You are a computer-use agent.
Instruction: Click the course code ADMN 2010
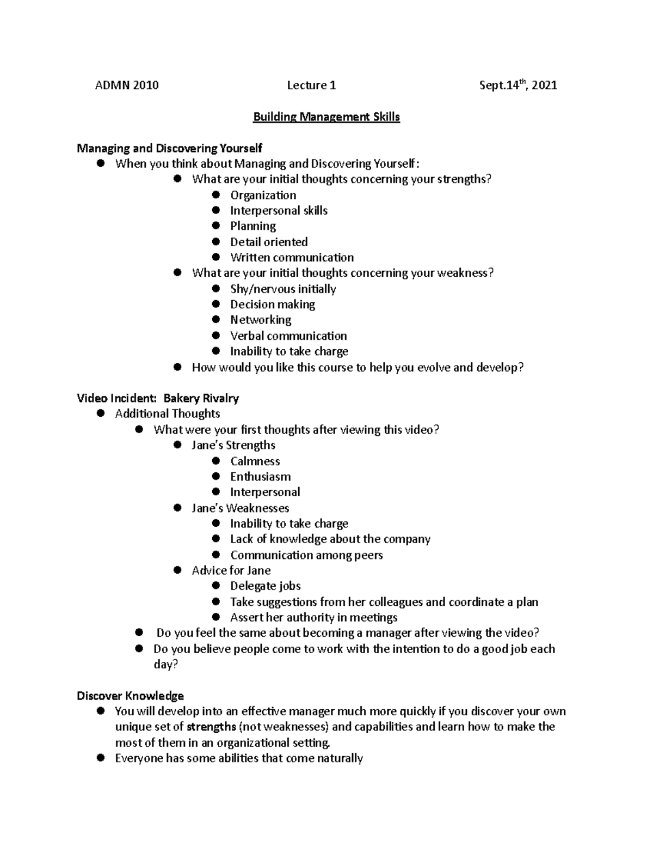(x=127, y=85)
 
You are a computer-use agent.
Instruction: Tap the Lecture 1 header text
(x=311, y=85)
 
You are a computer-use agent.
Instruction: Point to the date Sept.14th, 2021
(x=518, y=85)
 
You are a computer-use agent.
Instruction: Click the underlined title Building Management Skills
(x=326, y=117)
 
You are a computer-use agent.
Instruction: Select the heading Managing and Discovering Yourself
(x=169, y=148)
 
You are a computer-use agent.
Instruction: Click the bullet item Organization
(x=263, y=195)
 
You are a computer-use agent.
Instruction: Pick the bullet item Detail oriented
(x=269, y=242)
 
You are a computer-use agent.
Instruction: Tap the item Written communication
(x=292, y=257)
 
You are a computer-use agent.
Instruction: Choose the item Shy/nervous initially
(x=283, y=289)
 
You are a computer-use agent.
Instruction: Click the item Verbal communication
(x=288, y=336)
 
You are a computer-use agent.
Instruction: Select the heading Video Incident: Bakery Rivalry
(x=158, y=398)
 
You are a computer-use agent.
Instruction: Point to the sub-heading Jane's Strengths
(x=233, y=445)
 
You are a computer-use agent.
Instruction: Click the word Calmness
(x=255, y=461)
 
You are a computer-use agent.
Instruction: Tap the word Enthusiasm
(x=260, y=477)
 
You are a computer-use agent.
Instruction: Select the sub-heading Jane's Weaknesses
(x=240, y=508)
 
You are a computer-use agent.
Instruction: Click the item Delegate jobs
(x=265, y=586)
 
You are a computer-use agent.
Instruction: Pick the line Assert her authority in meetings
(x=313, y=617)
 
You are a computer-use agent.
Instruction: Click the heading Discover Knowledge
(x=130, y=696)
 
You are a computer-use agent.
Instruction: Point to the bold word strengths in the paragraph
(x=211, y=727)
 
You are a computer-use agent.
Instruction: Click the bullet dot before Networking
(x=216, y=320)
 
